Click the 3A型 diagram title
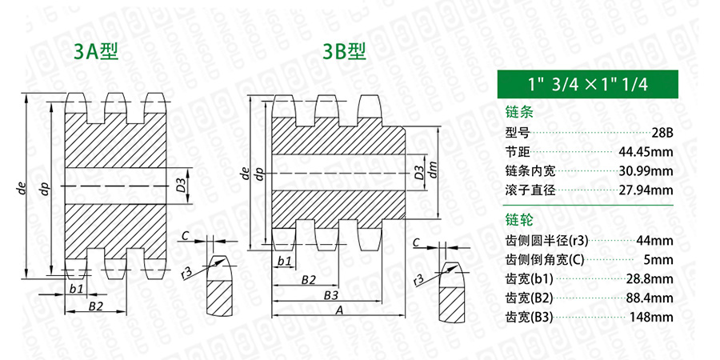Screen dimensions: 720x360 (x=97, y=52)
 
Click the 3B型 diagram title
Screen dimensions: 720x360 (x=343, y=52)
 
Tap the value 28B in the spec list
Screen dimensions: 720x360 (x=662, y=133)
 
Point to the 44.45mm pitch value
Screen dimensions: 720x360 (x=646, y=152)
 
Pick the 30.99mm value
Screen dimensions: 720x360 (x=646, y=171)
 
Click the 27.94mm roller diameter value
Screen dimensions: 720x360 (x=646, y=190)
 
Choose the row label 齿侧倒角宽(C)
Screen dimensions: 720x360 (x=544, y=260)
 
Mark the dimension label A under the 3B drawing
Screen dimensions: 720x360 (x=339, y=310)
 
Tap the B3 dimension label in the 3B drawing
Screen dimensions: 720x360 (x=331, y=295)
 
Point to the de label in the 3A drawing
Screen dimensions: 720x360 (x=20, y=189)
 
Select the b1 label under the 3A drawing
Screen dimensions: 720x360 (x=76, y=289)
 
